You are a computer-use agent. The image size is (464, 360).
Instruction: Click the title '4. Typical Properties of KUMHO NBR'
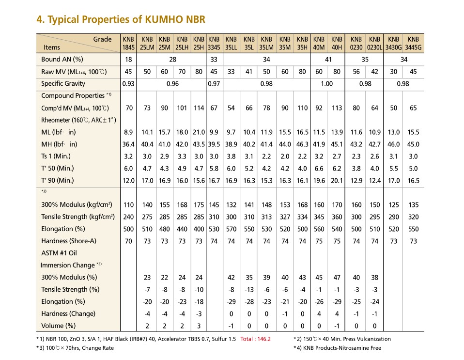click(121, 19)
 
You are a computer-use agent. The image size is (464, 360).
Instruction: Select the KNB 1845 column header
click(128, 43)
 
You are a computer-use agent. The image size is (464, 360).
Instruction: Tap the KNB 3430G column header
click(393, 43)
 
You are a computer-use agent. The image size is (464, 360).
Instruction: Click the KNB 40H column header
click(337, 43)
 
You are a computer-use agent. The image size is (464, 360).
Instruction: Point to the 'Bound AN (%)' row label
click(62, 59)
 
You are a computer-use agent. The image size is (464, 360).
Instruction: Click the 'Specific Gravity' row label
click(63, 83)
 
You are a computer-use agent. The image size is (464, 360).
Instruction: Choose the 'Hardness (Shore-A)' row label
click(69, 241)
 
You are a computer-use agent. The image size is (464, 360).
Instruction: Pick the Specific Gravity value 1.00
click(327, 84)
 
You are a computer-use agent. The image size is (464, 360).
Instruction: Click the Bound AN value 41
click(328, 60)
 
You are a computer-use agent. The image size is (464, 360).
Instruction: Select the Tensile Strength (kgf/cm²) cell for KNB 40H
click(337, 217)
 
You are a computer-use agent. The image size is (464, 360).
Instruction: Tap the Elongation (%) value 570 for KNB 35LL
click(231, 229)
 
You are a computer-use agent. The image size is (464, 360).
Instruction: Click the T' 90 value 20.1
click(337, 181)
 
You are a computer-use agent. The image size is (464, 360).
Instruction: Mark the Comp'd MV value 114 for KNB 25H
click(199, 108)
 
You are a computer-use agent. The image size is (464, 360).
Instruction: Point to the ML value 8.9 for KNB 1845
click(128, 132)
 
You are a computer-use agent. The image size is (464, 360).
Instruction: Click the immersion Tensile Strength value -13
click(249, 290)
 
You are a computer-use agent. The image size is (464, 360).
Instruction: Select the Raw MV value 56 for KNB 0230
click(356, 72)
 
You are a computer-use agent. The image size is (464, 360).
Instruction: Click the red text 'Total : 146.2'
click(255, 339)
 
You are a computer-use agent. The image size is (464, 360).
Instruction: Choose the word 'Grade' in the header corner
click(102, 39)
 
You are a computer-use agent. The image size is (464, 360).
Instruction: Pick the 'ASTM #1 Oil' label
click(59, 253)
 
